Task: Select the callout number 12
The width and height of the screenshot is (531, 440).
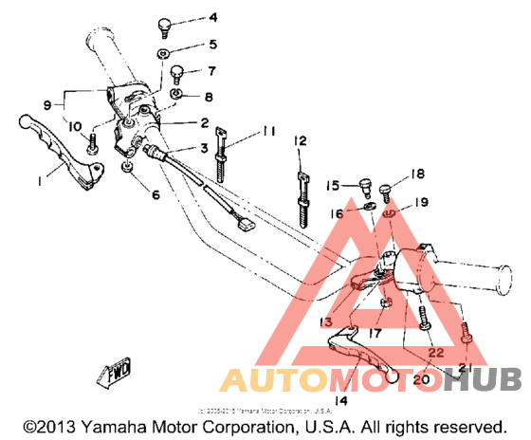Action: coord(301,141)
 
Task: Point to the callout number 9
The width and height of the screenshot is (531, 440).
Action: coord(47,104)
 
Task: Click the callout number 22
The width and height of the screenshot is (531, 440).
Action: coord(435,351)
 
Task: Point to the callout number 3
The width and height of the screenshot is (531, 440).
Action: coord(203,149)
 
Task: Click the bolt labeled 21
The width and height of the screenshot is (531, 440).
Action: coord(466,335)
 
